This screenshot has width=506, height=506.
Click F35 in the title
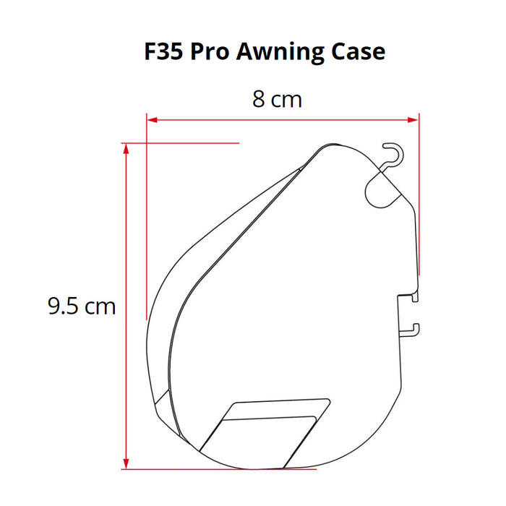[163, 51]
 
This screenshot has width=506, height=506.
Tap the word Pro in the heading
[210, 51]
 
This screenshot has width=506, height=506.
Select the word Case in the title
[359, 51]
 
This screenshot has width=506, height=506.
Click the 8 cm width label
[277, 99]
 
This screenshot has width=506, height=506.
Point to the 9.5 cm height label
[82, 306]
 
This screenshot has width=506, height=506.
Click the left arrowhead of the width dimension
[152, 120]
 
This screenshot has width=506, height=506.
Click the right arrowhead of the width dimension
[413, 120]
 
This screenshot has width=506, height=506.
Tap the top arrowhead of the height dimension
[126, 148]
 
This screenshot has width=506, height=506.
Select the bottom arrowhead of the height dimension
[126, 464]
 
